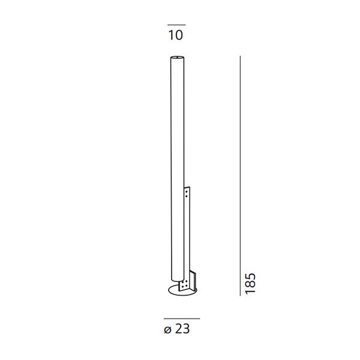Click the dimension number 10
click(x=176, y=35)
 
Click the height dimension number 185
click(x=250, y=283)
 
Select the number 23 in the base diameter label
click(x=182, y=329)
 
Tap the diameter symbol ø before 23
click(x=168, y=330)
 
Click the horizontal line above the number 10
click(x=176, y=25)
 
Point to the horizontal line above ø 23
click(x=182, y=319)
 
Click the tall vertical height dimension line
click(x=240, y=175)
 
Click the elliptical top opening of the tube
click(x=177, y=57)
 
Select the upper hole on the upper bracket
click(x=187, y=191)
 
